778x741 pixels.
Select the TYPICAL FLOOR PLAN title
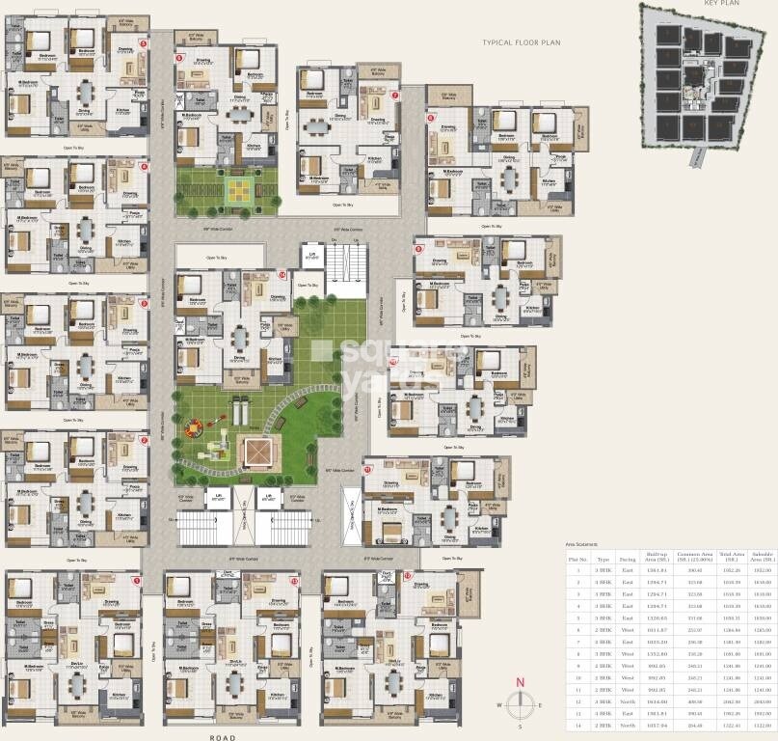point(522,43)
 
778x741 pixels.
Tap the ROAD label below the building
point(224,734)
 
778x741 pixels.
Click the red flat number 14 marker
point(282,275)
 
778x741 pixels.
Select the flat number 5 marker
point(143,43)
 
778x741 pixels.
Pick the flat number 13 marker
point(294,581)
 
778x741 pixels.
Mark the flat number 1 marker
point(136,581)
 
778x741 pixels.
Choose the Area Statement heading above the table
point(583,545)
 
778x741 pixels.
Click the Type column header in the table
point(604,559)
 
